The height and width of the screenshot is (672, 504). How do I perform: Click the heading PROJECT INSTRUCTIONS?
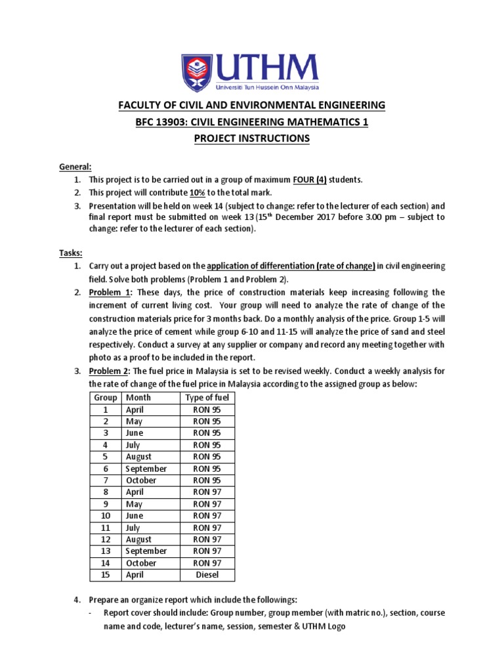tap(252, 138)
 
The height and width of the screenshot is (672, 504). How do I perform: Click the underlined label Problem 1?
tap(106, 292)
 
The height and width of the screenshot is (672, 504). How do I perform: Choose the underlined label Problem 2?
tap(106, 371)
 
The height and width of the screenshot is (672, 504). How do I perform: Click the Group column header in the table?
tap(106, 398)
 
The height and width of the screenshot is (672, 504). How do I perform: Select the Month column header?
tap(138, 398)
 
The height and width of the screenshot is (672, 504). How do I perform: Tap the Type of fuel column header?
tap(207, 398)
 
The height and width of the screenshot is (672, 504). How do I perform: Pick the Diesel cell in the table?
tap(207, 575)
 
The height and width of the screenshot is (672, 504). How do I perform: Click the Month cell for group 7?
tap(141, 480)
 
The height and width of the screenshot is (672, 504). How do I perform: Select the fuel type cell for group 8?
tap(207, 492)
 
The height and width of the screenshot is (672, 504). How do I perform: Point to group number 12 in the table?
tap(106, 539)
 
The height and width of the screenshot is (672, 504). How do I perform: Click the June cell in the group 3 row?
tap(135, 433)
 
